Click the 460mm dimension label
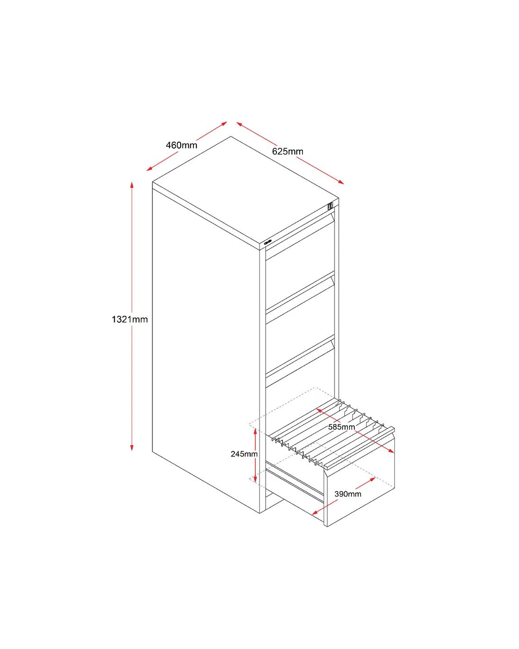(181, 145)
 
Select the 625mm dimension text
(287, 152)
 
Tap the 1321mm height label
(130, 319)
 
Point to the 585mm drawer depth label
(342, 427)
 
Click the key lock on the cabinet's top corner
(330, 206)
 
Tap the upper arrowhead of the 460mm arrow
(224, 123)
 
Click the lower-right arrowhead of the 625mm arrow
(341, 182)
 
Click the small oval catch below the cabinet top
(268, 242)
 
